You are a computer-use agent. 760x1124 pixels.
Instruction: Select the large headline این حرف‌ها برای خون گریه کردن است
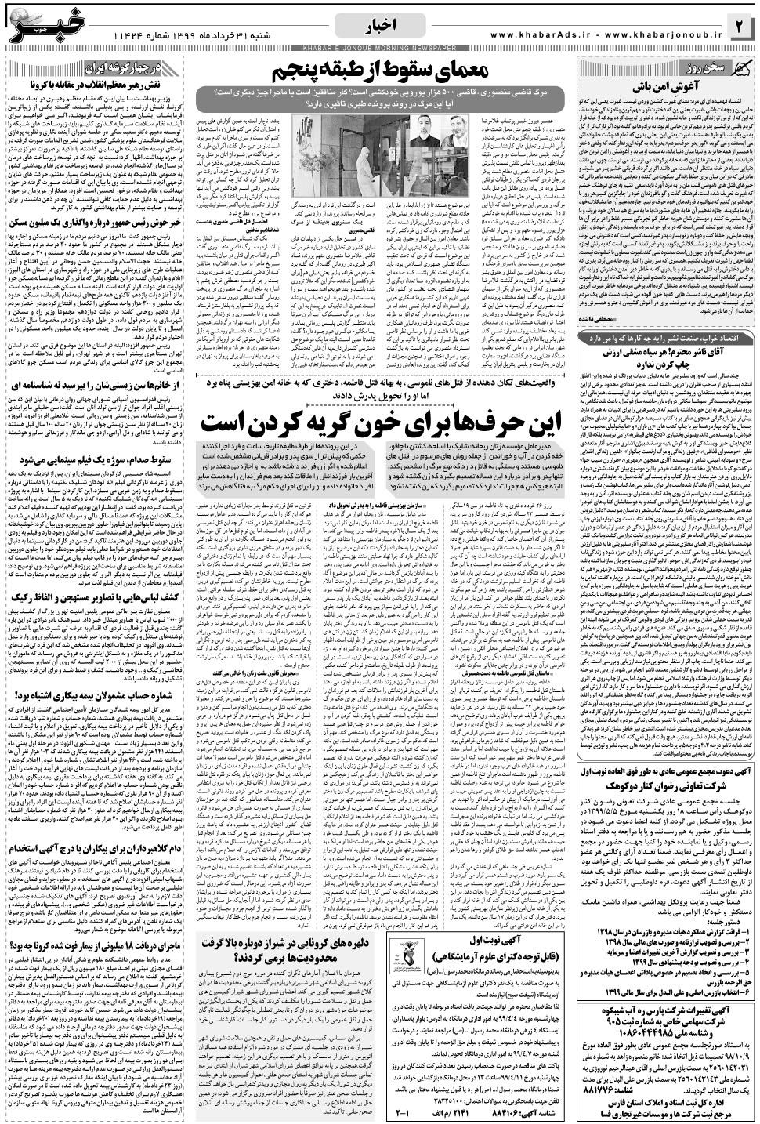click(382, 424)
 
